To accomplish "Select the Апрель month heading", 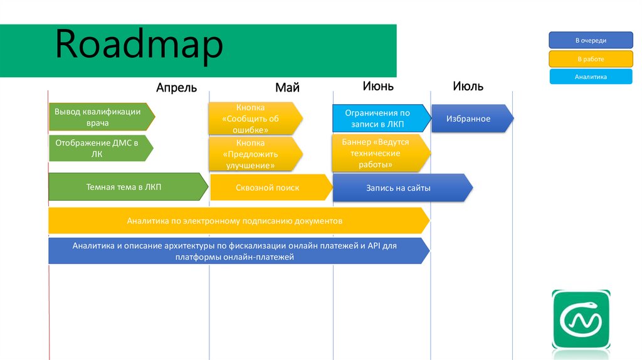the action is click(176, 88).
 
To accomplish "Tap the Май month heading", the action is click(287, 87).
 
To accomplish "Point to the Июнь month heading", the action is click(378, 86).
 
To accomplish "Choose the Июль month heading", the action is click(468, 86).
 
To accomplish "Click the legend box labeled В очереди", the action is click(591, 40).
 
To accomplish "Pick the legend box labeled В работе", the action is click(591, 59).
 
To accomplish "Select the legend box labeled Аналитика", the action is click(591, 77).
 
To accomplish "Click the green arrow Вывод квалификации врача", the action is click(102, 117).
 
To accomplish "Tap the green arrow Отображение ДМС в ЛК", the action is click(101, 148).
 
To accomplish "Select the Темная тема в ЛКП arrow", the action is click(128, 187).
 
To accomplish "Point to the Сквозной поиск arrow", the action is click(271, 188).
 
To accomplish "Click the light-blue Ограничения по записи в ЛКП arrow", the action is click(382, 119).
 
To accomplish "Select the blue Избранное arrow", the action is click(473, 119).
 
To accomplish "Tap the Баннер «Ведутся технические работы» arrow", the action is click(381, 153).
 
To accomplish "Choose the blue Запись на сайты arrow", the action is click(403, 188).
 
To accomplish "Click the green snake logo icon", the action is click(581, 319).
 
